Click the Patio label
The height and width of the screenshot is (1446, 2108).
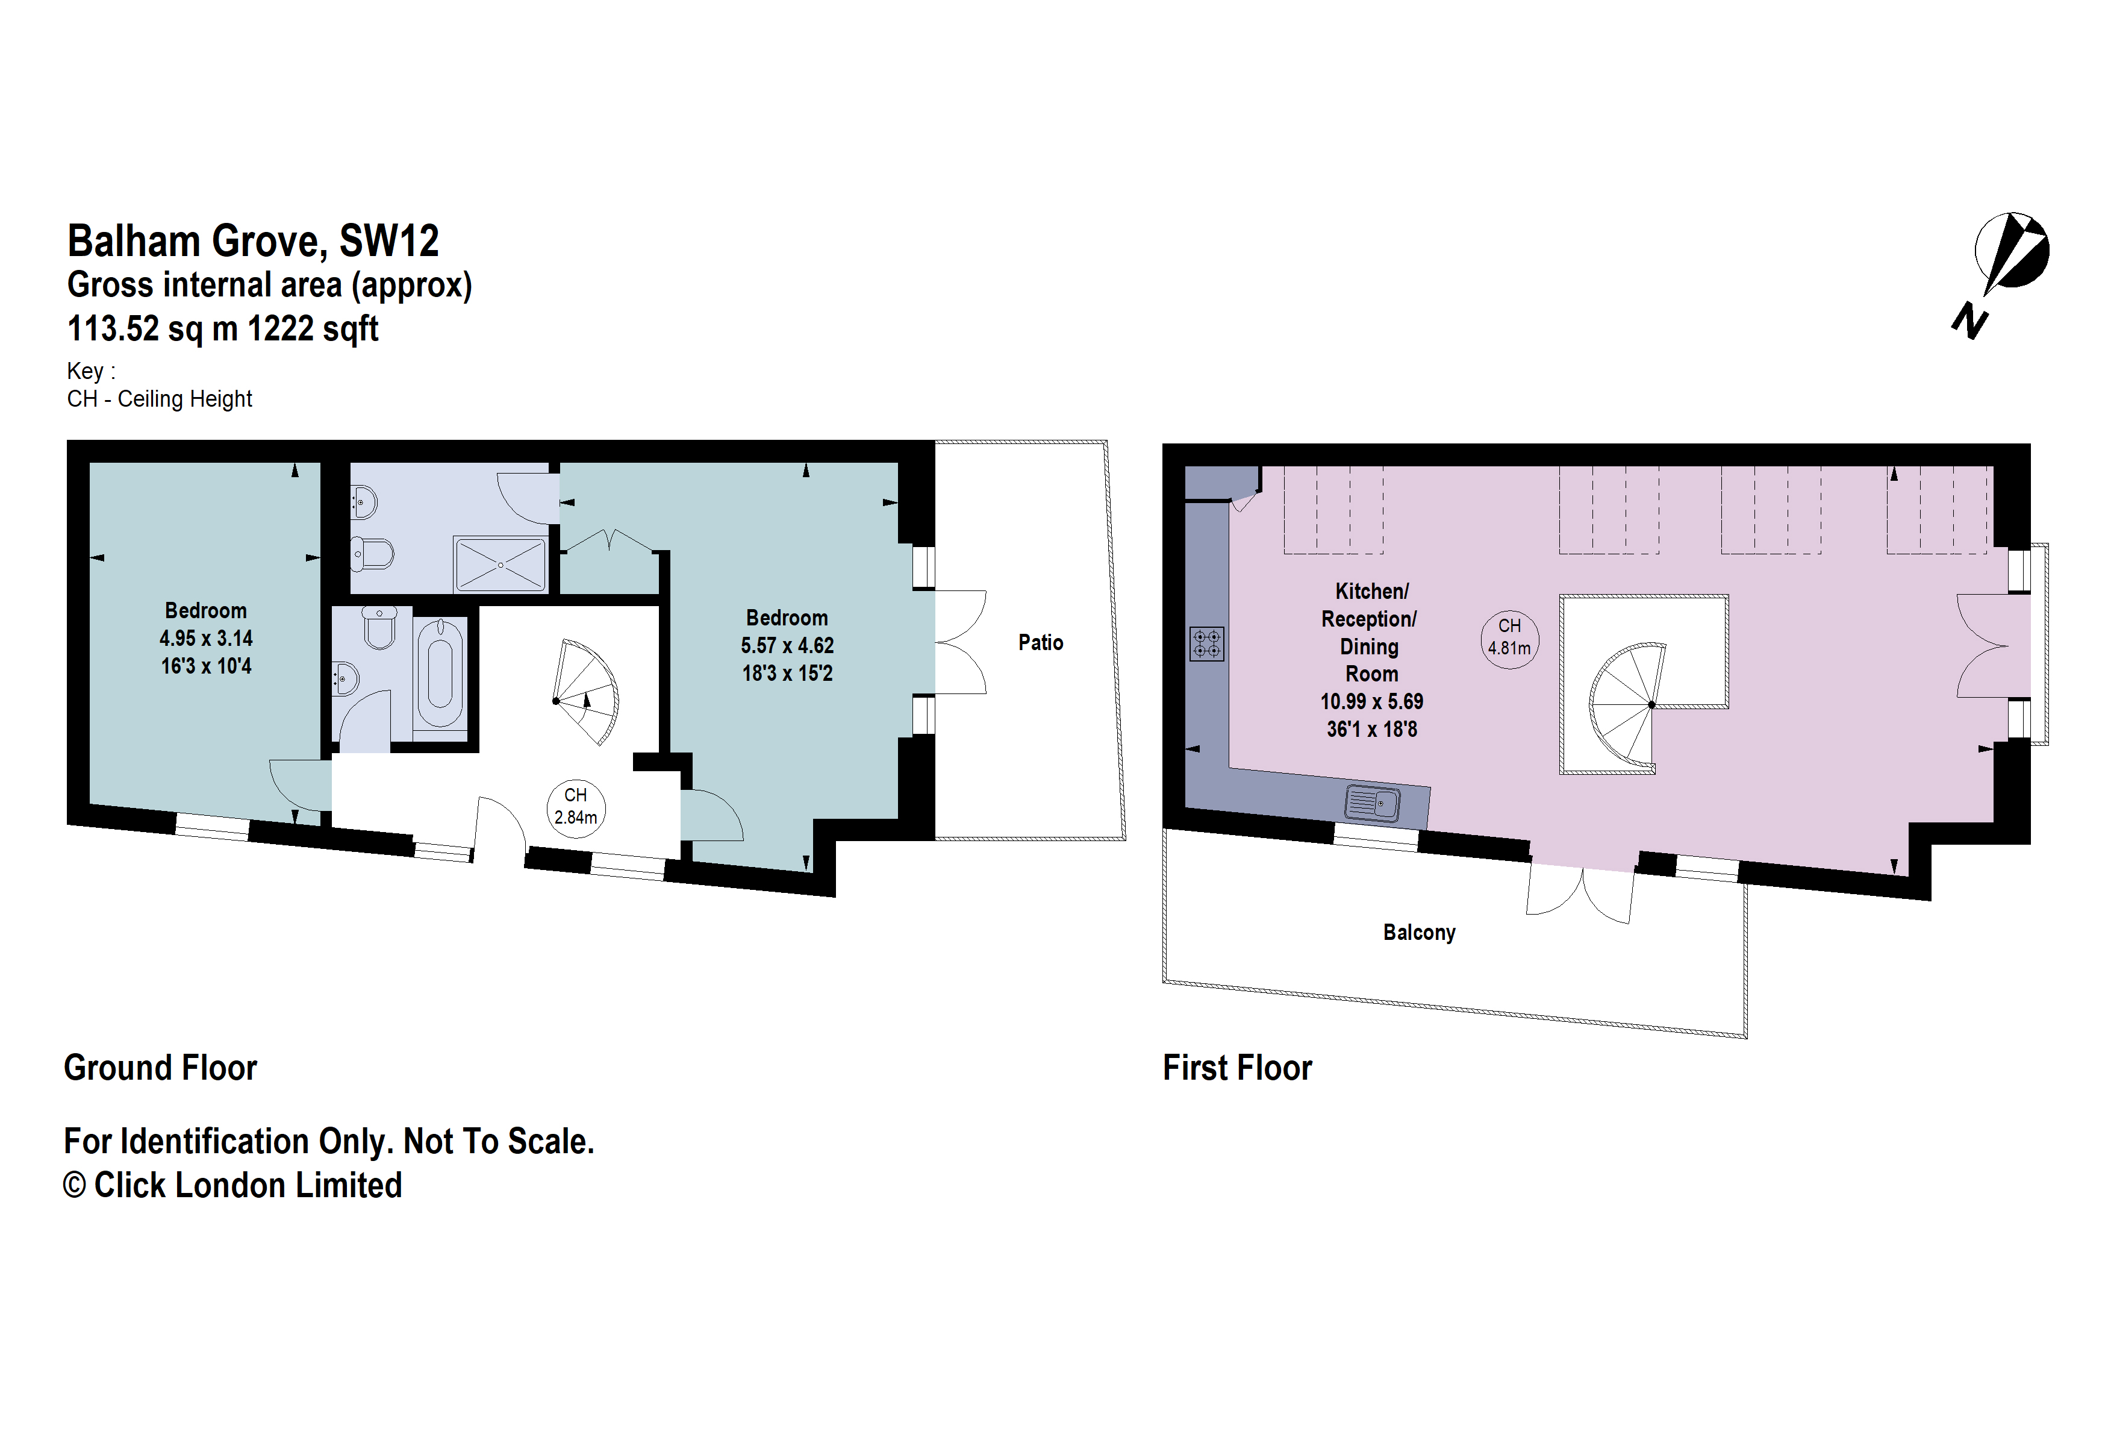1040,642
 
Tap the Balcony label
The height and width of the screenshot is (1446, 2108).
1418,933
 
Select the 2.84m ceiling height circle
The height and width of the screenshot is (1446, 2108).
575,807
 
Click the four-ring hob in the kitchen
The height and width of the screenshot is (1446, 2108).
1206,644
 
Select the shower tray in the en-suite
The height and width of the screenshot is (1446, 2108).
500,565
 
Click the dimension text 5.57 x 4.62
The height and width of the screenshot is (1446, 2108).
787,646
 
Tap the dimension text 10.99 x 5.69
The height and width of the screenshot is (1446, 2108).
1371,702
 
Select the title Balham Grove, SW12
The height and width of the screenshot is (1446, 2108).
253,242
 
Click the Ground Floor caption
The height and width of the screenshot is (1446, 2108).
161,1068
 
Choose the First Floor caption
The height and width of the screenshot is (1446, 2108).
1237,1068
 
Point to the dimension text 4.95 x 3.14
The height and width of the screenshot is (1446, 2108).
206,639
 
